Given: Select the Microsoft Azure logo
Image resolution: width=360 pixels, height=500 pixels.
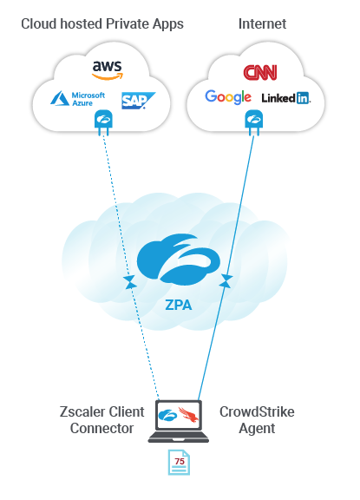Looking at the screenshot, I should point(78,100).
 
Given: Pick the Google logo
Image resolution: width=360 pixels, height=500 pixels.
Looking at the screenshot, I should point(228,97).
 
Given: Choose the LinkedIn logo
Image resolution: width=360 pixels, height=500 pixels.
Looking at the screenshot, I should point(285,98).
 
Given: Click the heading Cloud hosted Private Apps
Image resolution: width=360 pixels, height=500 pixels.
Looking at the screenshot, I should point(101,24).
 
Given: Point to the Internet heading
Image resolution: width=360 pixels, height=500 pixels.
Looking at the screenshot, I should point(262,24).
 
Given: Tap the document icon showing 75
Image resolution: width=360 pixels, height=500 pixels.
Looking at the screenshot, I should point(178,463).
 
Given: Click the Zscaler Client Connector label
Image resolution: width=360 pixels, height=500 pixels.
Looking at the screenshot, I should point(101,419).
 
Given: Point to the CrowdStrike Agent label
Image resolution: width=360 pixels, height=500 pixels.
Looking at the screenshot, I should point(257,419).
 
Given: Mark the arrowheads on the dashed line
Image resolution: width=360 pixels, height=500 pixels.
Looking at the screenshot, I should point(130,280).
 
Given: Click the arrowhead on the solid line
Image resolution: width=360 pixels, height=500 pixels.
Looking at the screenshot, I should point(228,280).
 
